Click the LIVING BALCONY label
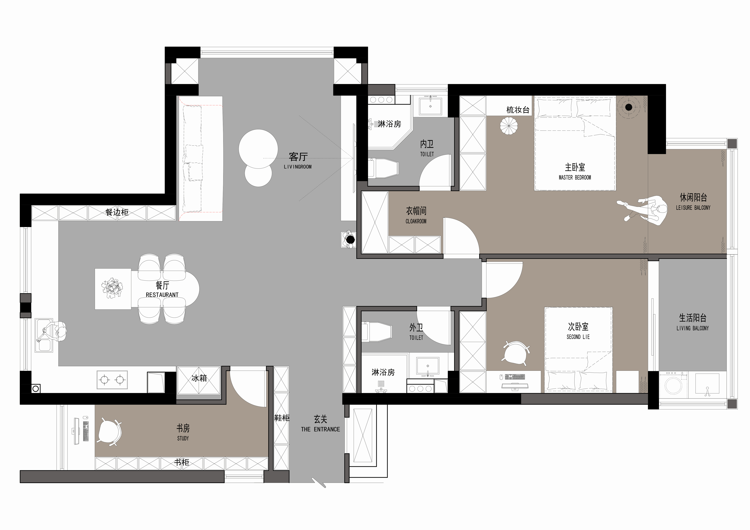coord(693,328)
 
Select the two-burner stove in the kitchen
coord(112,380)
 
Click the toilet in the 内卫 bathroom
coord(383,168)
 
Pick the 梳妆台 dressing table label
coord(518,110)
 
